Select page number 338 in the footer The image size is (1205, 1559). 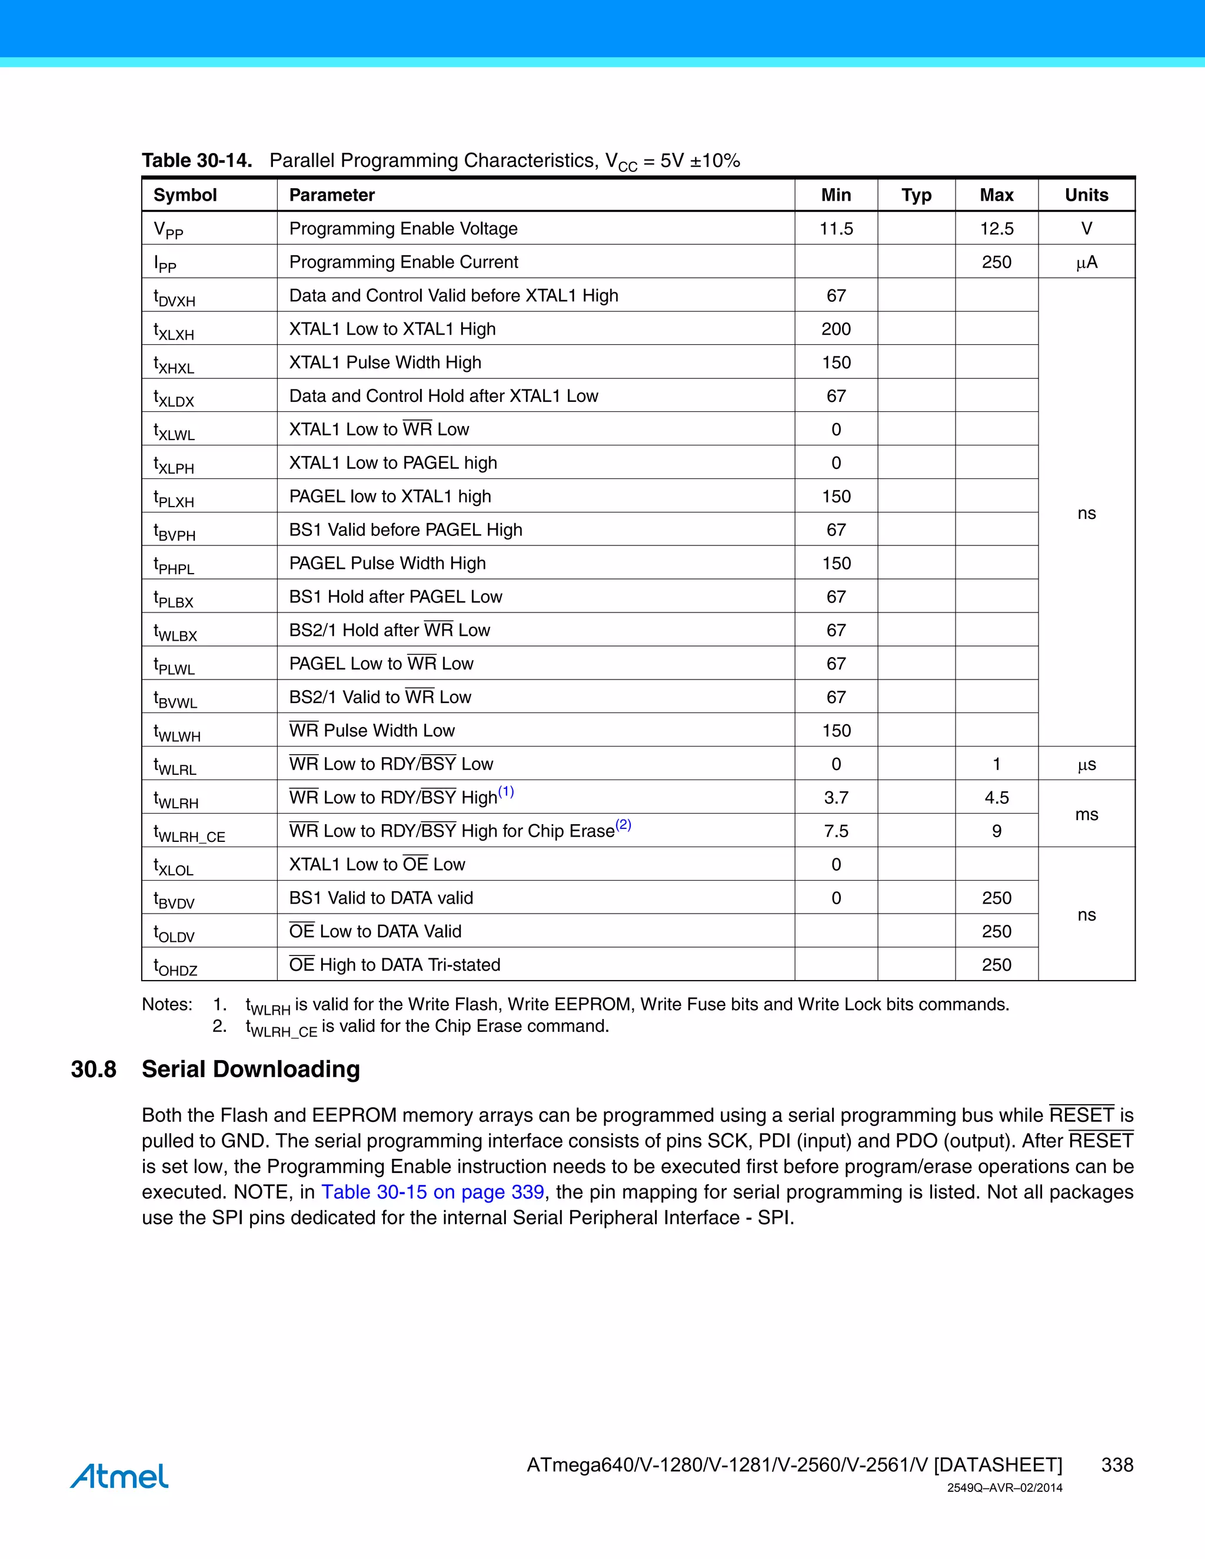[1117, 1465]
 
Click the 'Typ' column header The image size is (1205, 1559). [916, 195]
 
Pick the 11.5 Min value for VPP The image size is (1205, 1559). [836, 228]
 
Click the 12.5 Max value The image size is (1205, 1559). [996, 228]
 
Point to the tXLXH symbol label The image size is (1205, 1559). [174, 331]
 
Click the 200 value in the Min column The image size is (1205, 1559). [836, 329]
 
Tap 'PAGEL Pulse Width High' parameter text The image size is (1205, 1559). [387, 563]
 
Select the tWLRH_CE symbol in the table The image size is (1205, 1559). [189, 833]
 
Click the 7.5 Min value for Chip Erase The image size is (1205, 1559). [836, 831]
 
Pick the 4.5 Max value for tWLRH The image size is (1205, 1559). [996, 797]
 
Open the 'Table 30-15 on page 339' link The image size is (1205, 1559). [432, 1192]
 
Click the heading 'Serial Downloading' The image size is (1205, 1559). [251, 1070]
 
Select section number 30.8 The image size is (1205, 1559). [94, 1070]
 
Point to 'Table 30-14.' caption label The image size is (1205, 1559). [197, 161]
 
